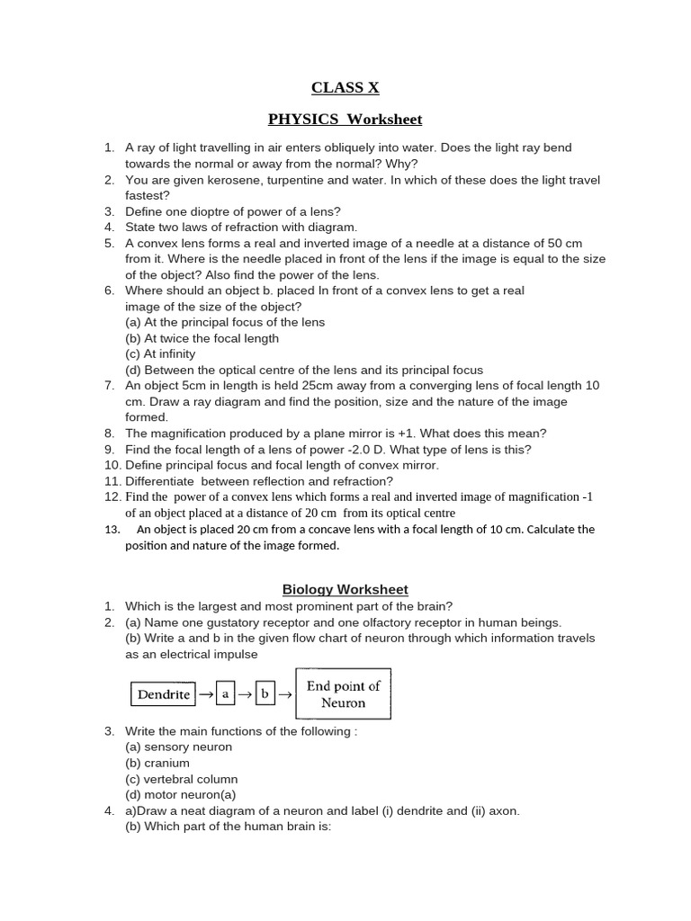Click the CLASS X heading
[345, 87]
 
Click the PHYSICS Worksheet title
[345, 120]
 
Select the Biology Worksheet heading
[345, 590]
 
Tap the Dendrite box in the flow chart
[163, 694]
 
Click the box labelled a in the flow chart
[226, 694]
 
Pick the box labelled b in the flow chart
[265, 694]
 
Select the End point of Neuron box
[343, 693]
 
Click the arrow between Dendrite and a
[205, 694]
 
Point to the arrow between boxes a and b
[245, 694]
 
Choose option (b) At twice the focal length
[202, 338]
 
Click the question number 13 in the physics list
[112, 530]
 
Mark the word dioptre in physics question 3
[214, 211]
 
